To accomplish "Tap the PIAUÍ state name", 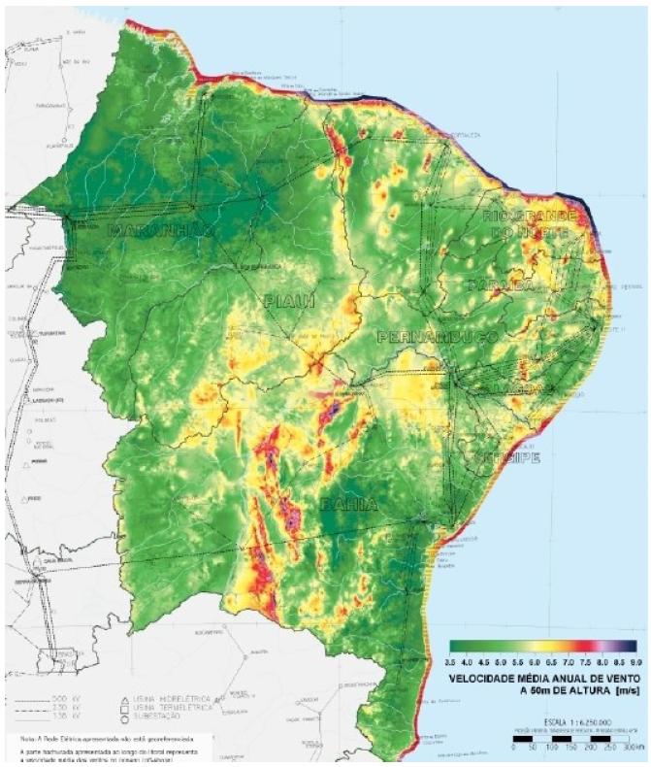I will coord(289,303).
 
